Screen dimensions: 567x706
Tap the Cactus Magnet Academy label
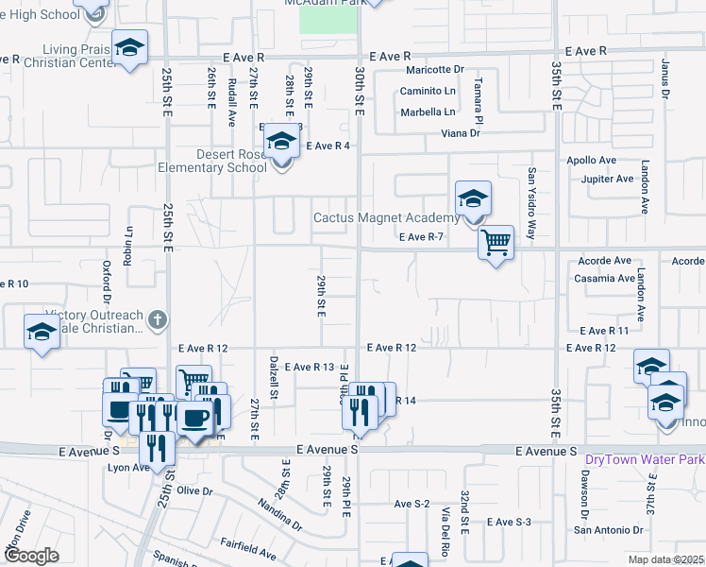386,218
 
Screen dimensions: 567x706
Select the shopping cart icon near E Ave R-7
496,243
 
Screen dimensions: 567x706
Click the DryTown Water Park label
645,460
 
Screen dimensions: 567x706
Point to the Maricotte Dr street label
435,70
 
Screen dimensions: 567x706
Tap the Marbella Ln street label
428,112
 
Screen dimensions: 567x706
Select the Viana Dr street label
461,133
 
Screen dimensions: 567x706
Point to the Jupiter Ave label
607,179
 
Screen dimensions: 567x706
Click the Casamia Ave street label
604,279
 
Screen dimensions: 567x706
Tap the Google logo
31,555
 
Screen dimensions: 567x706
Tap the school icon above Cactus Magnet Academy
473,198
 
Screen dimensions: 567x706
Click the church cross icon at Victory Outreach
158,320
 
